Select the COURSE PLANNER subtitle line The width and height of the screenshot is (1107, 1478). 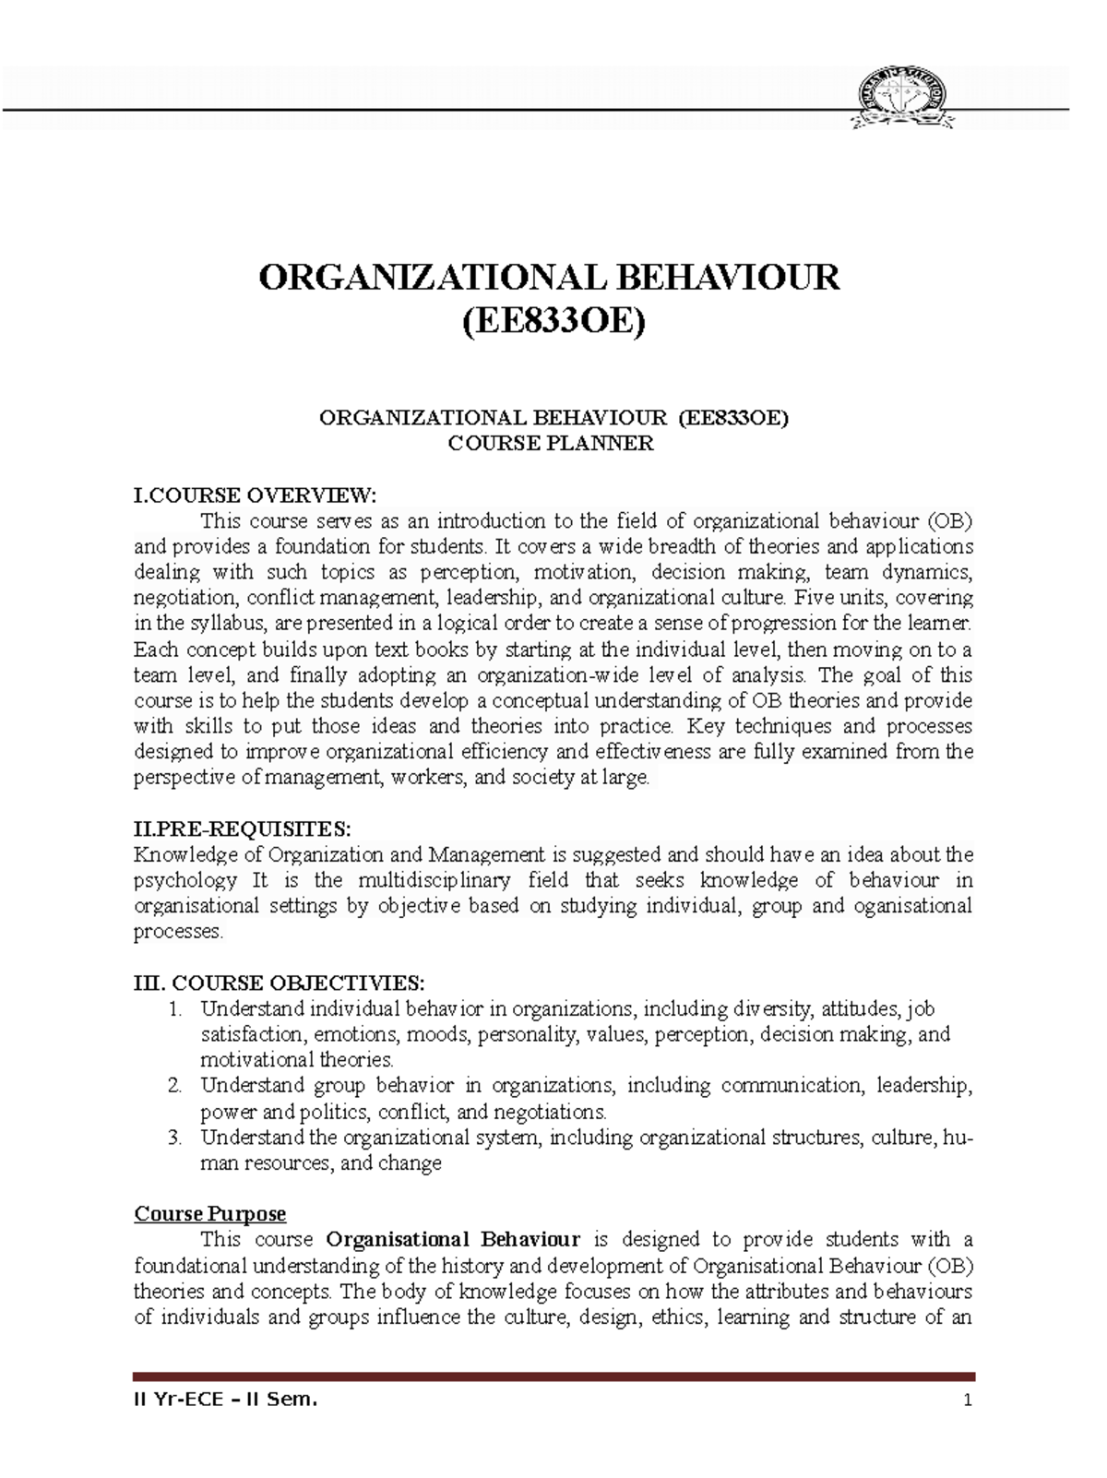coord(551,444)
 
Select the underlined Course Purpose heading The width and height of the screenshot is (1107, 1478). coord(210,1213)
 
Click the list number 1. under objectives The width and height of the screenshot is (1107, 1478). coord(176,1008)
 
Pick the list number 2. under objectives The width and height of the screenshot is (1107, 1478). coord(176,1086)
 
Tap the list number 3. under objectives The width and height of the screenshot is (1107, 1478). coord(176,1138)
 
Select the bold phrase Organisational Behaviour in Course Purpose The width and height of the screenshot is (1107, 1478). coord(454,1239)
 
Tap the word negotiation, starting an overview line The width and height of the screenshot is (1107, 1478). coord(175,597)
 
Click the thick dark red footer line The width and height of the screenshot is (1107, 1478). coord(553,1377)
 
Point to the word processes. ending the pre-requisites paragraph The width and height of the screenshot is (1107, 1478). coord(178,932)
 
